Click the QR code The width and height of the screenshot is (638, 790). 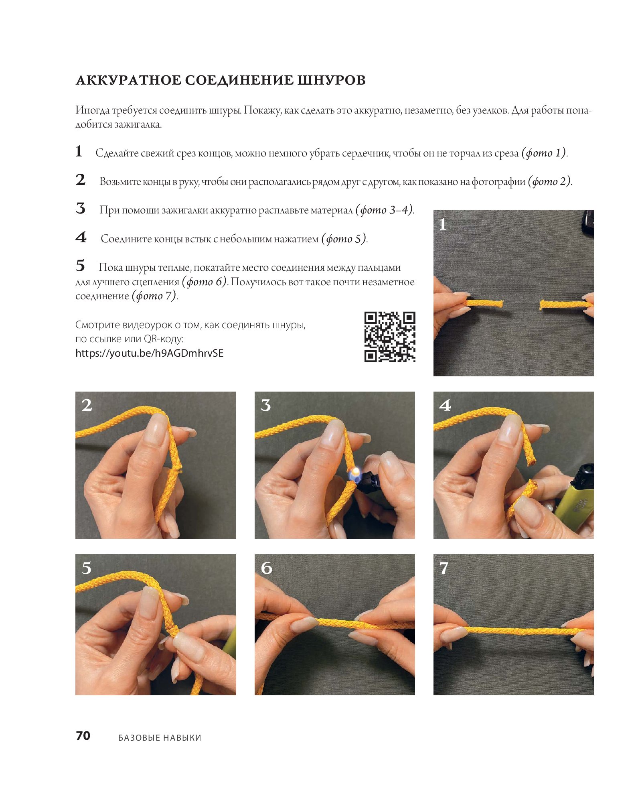coord(389,337)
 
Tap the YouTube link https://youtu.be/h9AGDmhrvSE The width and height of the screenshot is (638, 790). coord(149,353)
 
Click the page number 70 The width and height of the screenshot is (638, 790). coord(83,735)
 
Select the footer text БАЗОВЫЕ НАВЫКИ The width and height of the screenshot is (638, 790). coord(160,737)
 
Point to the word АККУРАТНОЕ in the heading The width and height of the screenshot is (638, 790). coord(128,80)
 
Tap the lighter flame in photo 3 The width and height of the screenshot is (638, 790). coord(354,473)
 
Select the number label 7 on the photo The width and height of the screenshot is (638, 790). coord(444,568)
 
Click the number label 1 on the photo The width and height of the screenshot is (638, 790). coord(443,224)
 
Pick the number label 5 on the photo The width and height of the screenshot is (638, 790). coord(86,568)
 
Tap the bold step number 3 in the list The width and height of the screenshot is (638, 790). coord(81,208)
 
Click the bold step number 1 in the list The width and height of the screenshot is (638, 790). coord(79,151)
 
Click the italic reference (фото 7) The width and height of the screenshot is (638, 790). coord(154,296)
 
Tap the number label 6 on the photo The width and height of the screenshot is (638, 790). coord(266,568)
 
